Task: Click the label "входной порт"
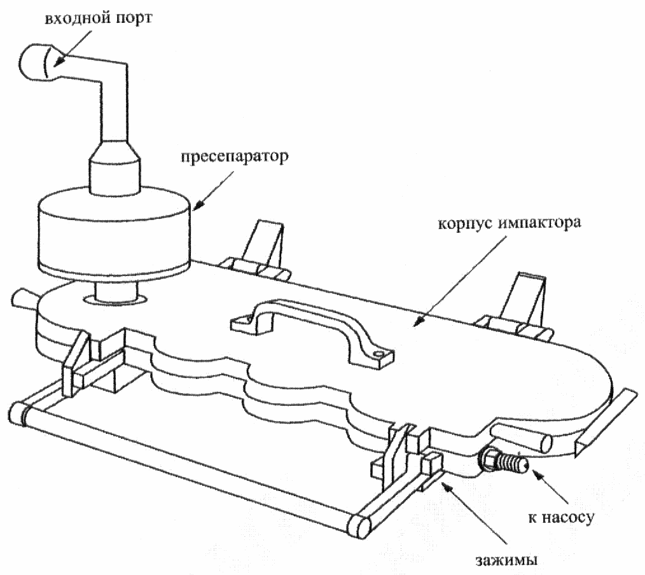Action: pyautogui.click(x=98, y=18)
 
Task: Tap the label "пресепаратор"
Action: pyautogui.click(x=235, y=156)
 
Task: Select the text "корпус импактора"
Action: pyautogui.click(x=510, y=224)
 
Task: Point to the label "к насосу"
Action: pyautogui.click(x=562, y=517)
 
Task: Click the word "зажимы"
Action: pyautogui.click(x=507, y=560)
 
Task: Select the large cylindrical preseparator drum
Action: pyautogui.click(x=114, y=235)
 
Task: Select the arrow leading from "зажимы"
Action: pyautogui.click(x=474, y=513)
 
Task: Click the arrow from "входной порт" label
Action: pyautogui.click(x=73, y=48)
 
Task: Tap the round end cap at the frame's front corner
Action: pyautogui.click(x=359, y=526)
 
